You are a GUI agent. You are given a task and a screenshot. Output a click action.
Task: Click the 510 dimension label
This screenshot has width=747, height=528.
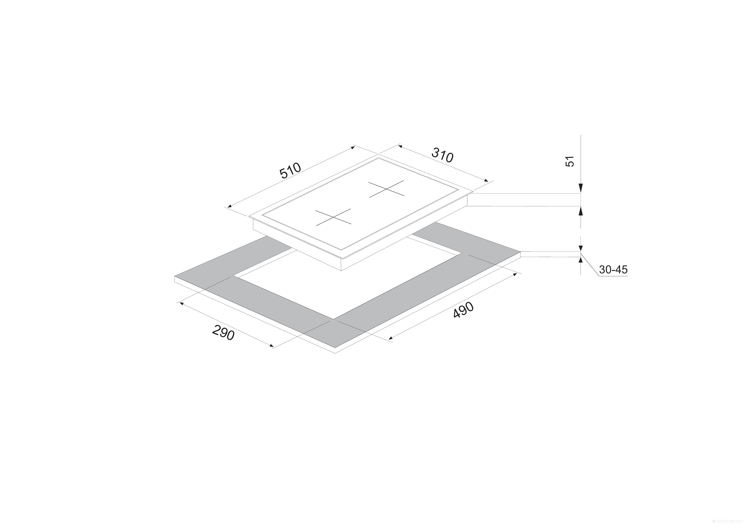coord(290,171)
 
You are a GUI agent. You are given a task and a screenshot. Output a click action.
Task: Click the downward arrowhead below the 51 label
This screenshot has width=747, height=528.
coord(581,188)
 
